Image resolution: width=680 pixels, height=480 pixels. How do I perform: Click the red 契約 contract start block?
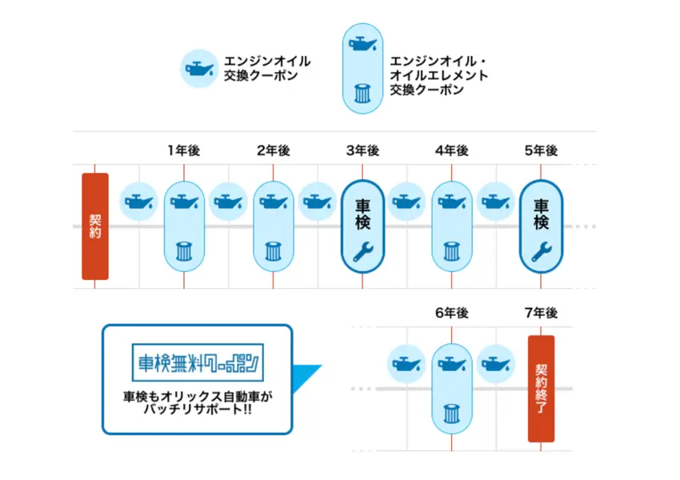[94, 226]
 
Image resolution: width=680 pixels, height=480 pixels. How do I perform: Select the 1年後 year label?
[184, 150]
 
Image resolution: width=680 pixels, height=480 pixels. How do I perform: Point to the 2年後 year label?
[274, 150]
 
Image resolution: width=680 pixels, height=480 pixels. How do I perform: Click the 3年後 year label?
[362, 150]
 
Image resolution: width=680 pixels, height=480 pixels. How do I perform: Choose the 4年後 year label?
[452, 150]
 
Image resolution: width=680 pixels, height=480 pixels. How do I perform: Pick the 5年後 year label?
[541, 150]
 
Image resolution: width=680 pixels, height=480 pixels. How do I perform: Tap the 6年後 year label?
[452, 313]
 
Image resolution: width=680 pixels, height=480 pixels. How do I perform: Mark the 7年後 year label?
[541, 313]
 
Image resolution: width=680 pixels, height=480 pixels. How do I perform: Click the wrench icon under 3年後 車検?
[362, 252]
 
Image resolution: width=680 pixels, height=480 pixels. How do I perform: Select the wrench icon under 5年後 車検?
[541, 252]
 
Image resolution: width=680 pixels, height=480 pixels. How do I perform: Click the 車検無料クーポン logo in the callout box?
[196, 362]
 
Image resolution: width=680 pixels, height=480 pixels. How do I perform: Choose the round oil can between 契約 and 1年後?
[139, 201]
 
